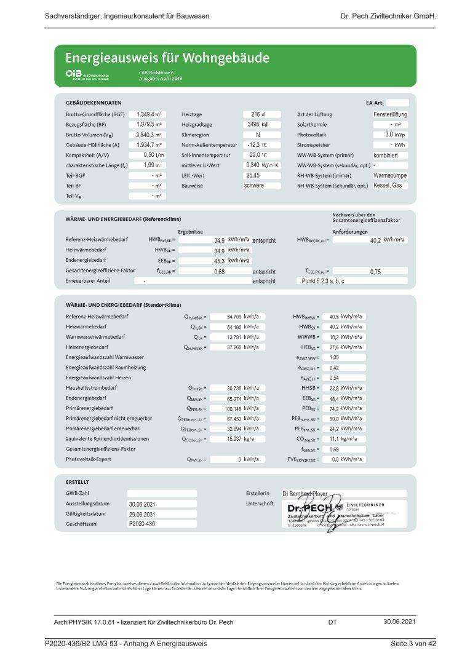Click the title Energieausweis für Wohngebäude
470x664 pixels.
click(167, 58)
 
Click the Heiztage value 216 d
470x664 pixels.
click(258, 114)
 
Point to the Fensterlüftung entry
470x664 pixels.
click(390, 114)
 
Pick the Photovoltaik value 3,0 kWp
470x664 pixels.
click(394, 135)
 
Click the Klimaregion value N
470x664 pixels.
click(258, 135)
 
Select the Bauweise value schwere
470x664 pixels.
click(254, 185)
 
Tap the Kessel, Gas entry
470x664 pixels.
click(388, 185)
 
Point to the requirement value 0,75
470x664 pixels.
click(375, 271)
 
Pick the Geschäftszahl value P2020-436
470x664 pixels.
click(143, 524)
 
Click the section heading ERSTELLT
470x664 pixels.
click(78, 482)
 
